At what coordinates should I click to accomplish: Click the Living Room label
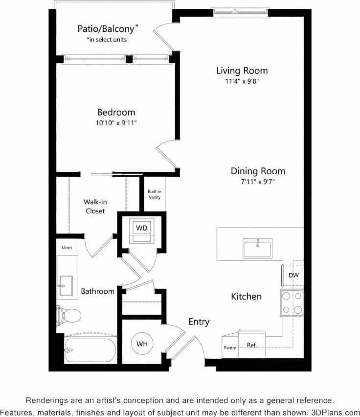click(x=242, y=70)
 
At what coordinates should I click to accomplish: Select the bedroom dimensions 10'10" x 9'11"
click(x=116, y=123)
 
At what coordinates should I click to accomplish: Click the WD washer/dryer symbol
click(x=141, y=228)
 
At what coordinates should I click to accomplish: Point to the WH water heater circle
click(x=142, y=344)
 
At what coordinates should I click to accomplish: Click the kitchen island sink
click(x=257, y=249)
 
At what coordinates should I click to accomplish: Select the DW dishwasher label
click(x=293, y=275)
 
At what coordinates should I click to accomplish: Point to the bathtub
click(x=90, y=350)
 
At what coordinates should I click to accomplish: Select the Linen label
click(x=67, y=248)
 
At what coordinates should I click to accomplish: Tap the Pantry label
click(x=230, y=348)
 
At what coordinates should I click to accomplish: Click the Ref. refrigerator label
click(x=251, y=346)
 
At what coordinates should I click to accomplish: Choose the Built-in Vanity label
click(x=155, y=195)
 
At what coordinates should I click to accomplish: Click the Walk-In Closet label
click(x=94, y=206)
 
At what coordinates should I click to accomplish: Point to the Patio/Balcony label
click(x=108, y=29)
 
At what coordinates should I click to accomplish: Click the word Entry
click(x=199, y=322)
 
